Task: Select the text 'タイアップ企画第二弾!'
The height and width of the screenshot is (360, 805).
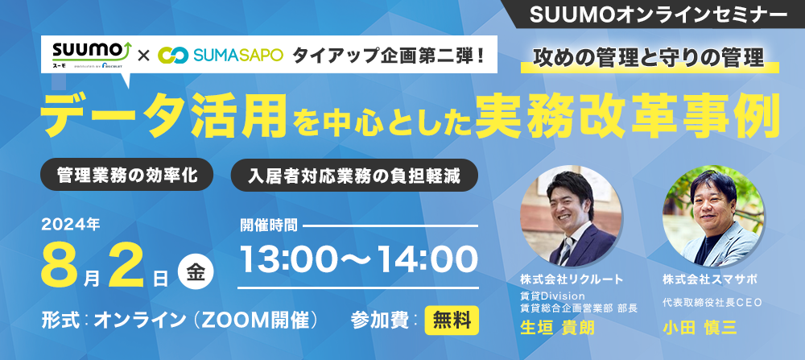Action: (x=388, y=55)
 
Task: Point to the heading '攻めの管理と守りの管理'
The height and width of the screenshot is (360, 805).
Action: (x=649, y=58)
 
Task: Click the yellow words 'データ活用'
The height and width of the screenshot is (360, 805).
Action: (x=163, y=117)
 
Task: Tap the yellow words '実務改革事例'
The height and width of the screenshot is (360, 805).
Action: (x=627, y=117)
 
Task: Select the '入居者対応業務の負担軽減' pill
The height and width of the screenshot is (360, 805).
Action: (x=354, y=175)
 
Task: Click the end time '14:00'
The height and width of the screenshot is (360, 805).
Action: (x=427, y=259)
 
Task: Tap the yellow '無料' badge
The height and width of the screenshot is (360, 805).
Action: (x=452, y=321)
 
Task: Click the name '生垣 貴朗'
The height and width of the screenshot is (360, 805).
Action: (x=557, y=328)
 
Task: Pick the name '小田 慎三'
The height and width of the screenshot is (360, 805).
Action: (x=700, y=328)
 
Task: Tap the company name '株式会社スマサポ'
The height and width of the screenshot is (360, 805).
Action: (x=710, y=280)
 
